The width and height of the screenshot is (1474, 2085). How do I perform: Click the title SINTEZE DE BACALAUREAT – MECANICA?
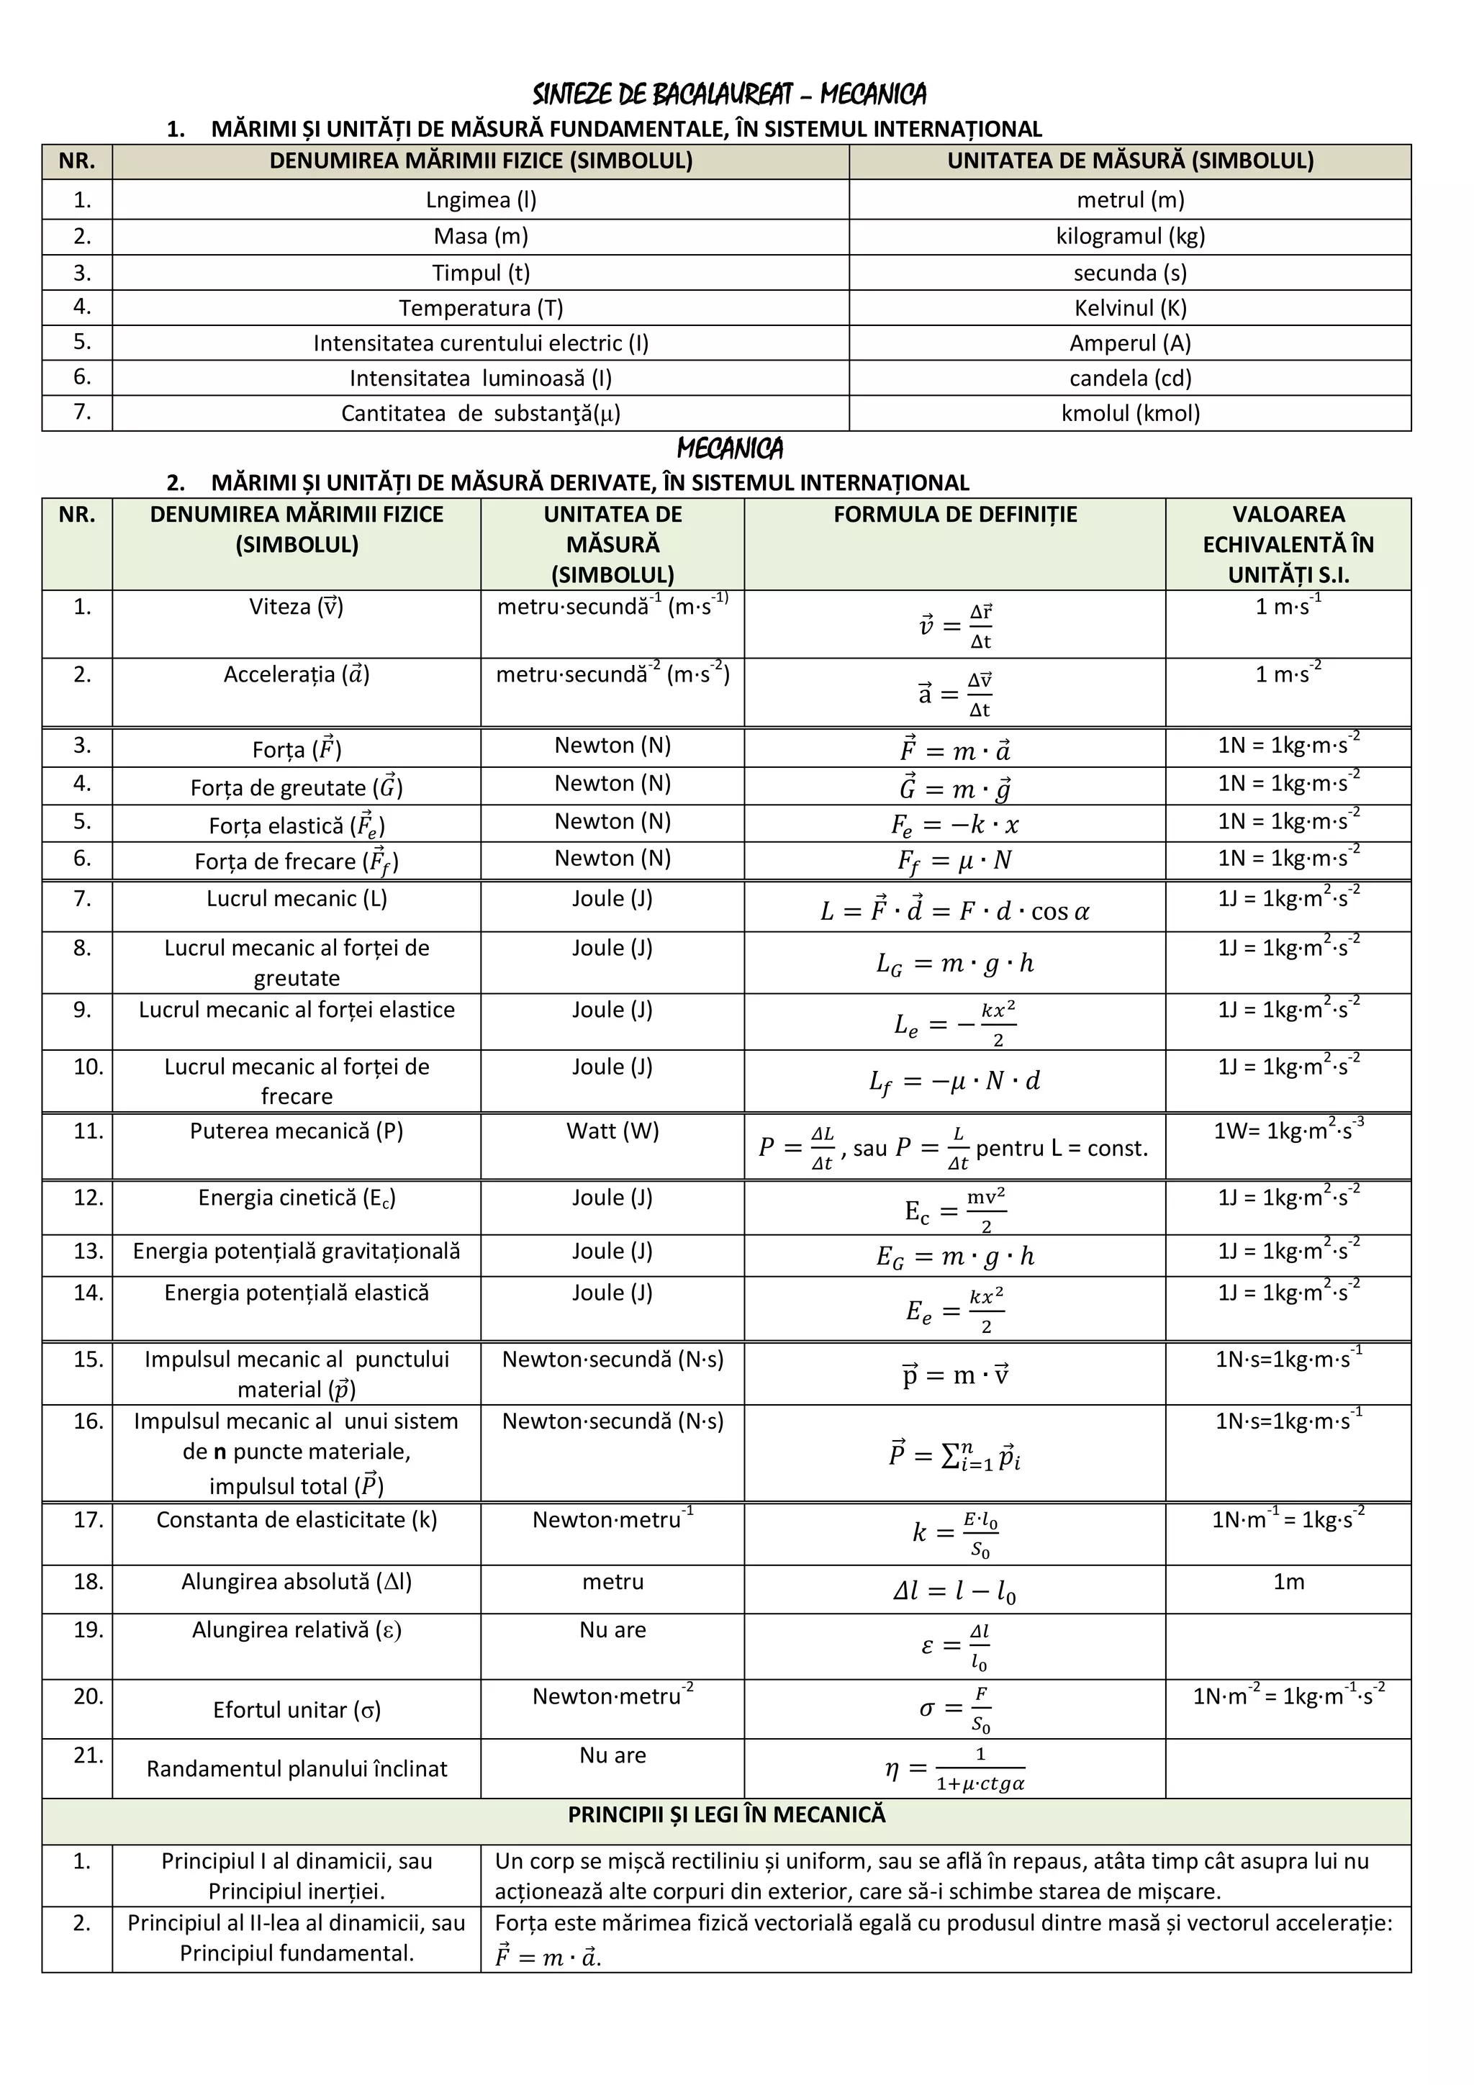[729, 94]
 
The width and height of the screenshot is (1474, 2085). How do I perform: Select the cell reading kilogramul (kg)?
[1130, 236]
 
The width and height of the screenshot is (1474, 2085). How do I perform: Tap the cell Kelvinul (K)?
[1130, 308]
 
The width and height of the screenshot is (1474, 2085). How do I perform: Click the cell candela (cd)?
[1130, 378]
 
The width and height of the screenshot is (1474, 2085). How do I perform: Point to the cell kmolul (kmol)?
[1130, 413]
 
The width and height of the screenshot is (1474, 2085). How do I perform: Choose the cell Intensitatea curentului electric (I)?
[481, 343]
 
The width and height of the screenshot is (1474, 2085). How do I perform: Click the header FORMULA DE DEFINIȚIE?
[954, 514]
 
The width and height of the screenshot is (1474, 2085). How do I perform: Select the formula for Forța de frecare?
[954, 860]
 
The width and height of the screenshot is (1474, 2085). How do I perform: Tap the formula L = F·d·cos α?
[954, 910]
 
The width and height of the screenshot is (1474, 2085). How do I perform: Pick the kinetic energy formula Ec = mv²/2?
[954, 1211]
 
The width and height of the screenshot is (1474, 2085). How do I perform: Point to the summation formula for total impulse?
[954, 1455]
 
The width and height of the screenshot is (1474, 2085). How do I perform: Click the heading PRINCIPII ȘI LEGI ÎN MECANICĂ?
[725, 1814]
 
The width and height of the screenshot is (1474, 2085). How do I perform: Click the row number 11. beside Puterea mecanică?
[88, 1131]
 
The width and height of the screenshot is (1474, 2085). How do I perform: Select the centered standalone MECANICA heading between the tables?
[729, 448]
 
